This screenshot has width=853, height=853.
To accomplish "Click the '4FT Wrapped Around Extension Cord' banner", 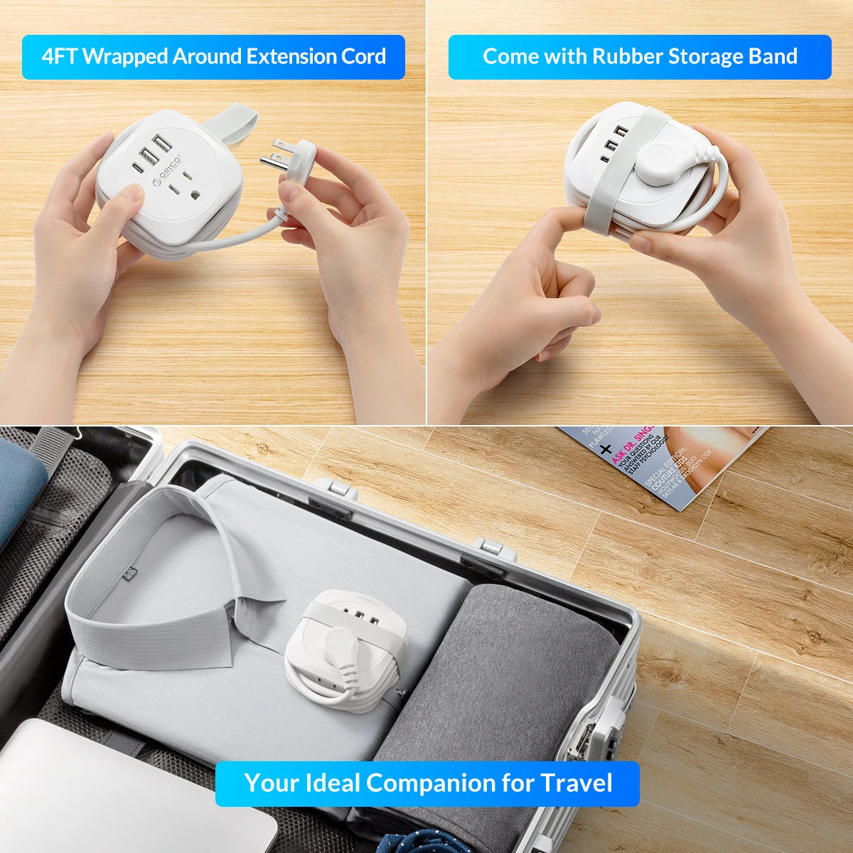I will coord(213,57).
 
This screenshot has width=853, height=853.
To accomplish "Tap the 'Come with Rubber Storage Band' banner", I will coord(640,57).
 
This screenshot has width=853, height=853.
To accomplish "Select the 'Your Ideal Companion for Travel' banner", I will coord(427,783).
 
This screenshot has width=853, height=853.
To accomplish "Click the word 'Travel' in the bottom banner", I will coord(576,783).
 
